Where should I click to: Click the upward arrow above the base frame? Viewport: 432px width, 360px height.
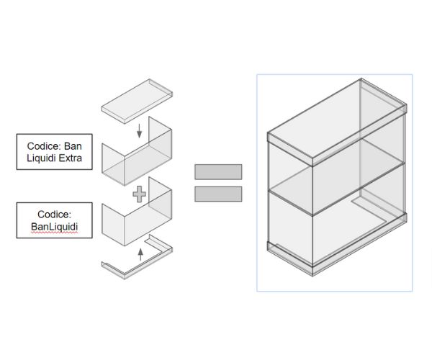coord(140,253)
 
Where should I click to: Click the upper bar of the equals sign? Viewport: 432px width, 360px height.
coord(217,171)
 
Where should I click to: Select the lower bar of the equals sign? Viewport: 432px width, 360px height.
coord(217,194)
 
